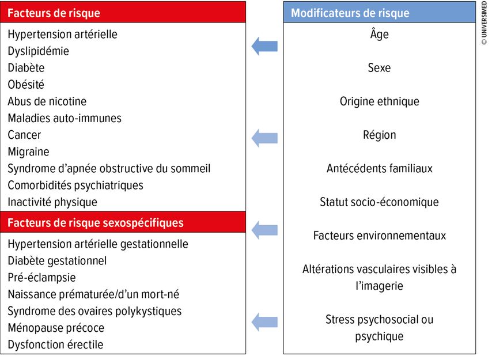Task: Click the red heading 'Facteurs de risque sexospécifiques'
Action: (x=96, y=223)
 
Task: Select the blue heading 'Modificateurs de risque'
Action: (x=350, y=13)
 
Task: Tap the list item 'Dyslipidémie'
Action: (x=38, y=51)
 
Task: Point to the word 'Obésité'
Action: (x=26, y=84)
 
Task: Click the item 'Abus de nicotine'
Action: (x=47, y=101)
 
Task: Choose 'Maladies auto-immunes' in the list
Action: (x=65, y=118)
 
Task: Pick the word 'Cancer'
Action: (x=24, y=135)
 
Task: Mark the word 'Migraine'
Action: (x=29, y=152)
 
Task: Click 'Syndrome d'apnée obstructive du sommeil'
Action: (x=109, y=169)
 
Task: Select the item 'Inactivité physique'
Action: (x=52, y=202)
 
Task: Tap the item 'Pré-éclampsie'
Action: (x=41, y=278)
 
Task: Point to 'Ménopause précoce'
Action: (x=56, y=328)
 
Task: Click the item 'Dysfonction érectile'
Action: (x=55, y=344)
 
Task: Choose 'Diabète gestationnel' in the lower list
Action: (x=57, y=261)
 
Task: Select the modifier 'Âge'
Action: (x=379, y=33)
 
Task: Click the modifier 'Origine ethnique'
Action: (x=379, y=101)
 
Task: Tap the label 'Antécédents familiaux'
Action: (x=379, y=168)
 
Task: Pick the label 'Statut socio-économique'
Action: (x=379, y=202)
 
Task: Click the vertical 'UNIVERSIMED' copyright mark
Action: (x=484, y=23)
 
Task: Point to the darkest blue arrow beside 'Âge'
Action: (x=264, y=46)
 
